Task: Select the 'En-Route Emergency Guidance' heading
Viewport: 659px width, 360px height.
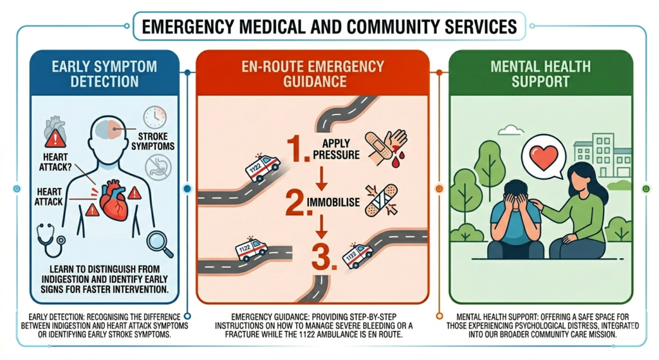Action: (313, 74)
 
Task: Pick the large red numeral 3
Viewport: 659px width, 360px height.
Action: (322, 254)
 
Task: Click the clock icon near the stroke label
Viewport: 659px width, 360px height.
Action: (155, 117)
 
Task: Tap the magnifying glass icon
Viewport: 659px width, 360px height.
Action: (158, 243)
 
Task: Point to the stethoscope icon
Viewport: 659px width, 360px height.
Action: (51, 238)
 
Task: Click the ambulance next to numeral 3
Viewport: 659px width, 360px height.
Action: (357, 255)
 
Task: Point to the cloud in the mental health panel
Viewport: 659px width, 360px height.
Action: (511, 131)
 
